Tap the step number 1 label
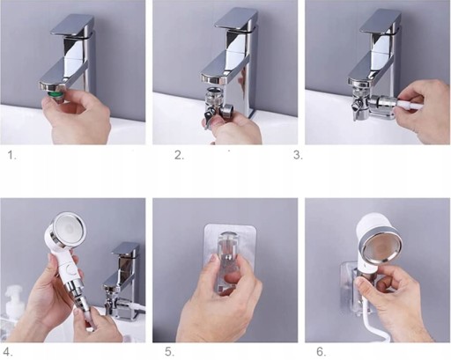point(11,155)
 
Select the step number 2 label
point(179,155)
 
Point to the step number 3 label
point(298,155)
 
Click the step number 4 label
point(8,351)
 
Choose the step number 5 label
point(169,351)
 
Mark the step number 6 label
point(322,351)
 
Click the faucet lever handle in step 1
point(72,26)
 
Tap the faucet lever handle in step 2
point(236,19)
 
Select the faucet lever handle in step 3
point(381,20)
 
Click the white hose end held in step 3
point(409,106)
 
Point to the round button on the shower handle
point(70,268)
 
